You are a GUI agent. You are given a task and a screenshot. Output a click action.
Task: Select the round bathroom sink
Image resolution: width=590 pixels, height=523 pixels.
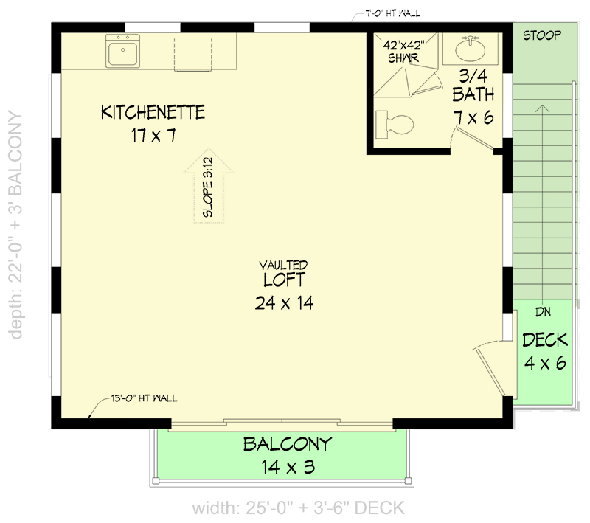pyautogui.click(x=466, y=50)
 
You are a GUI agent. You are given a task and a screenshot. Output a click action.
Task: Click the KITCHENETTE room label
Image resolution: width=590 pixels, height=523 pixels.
pyautogui.click(x=153, y=113)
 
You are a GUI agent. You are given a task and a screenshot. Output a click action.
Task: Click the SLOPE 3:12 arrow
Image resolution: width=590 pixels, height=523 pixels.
pyautogui.click(x=208, y=188)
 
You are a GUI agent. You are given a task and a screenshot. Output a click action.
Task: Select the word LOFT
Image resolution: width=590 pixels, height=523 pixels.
pyautogui.click(x=283, y=280)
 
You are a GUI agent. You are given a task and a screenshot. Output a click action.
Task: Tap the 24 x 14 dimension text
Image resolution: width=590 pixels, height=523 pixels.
pyautogui.click(x=283, y=302)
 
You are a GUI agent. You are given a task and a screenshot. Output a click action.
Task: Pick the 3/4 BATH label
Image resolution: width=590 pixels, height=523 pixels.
pyautogui.click(x=473, y=85)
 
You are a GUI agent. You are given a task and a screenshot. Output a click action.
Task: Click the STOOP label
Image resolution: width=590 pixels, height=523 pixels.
pyautogui.click(x=542, y=35)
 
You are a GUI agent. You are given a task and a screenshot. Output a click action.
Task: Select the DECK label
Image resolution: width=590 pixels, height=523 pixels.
pyautogui.click(x=545, y=340)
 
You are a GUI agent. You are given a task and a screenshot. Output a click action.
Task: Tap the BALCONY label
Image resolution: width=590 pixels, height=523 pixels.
pyautogui.click(x=288, y=445)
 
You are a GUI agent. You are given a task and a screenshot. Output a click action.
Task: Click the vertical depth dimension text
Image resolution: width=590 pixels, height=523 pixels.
pyautogui.click(x=16, y=225)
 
